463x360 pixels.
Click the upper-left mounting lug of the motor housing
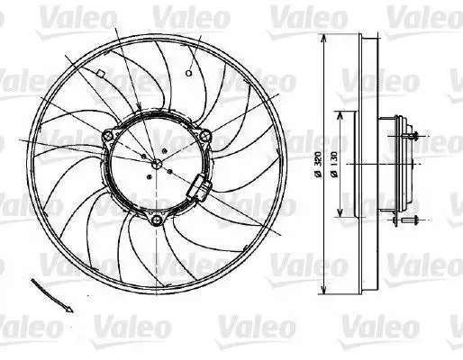pos(109,137)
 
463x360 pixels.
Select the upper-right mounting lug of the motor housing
pos(206,136)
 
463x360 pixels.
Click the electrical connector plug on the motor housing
pos(199,188)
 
